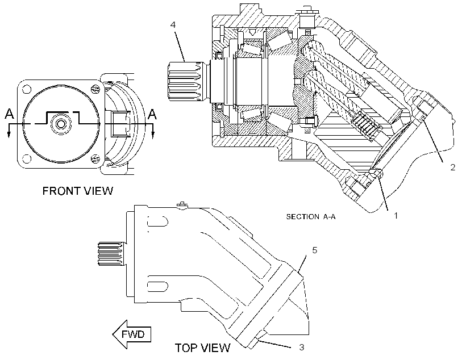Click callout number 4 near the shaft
pos(173,24)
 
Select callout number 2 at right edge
pos(452,168)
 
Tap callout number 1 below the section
pos(396,216)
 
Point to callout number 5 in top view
pos(314,250)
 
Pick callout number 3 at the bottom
pos(301,347)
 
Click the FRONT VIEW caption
pos(78,191)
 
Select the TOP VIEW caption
pos(202,348)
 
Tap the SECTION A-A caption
pos(311,216)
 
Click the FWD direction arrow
pos(132,334)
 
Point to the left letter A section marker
pos(10,114)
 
